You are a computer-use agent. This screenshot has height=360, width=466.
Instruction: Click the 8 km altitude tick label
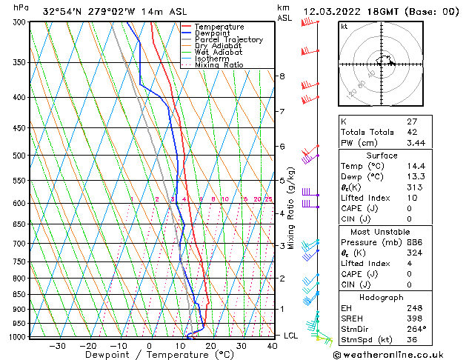tap(282, 76)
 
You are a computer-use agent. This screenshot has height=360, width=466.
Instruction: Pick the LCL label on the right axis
tap(291, 336)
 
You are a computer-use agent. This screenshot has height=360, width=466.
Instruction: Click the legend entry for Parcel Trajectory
tap(228, 40)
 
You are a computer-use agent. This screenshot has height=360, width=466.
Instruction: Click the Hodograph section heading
tap(377, 297)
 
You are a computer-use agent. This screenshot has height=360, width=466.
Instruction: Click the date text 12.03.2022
tap(336, 11)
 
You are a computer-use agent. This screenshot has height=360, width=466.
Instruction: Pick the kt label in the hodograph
tap(344, 27)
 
